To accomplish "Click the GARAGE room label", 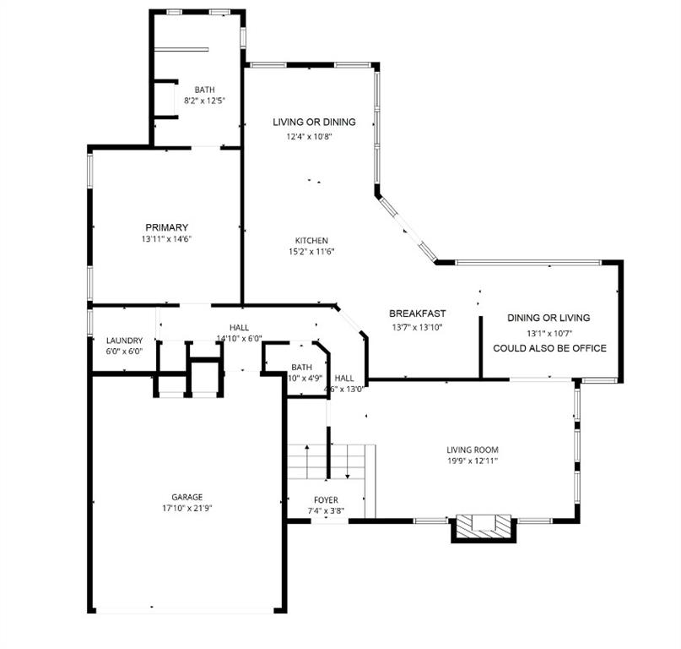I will pyautogui.click(x=186, y=497).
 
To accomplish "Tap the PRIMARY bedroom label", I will pyautogui.click(x=166, y=227).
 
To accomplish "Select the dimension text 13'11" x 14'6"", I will pyautogui.click(x=166, y=239).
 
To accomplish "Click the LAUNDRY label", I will pyautogui.click(x=124, y=341).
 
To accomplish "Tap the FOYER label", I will pyautogui.click(x=326, y=500).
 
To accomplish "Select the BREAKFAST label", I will pyautogui.click(x=417, y=314).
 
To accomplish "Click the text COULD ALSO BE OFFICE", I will pyautogui.click(x=549, y=348).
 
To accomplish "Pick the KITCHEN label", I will pyautogui.click(x=311, y=240).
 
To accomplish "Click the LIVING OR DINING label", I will pyautogui.click(x=314, y=123).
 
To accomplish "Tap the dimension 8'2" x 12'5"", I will pyautogui.click(x=204, y=101).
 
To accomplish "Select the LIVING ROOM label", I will pyautogui.click(x=473, y=450).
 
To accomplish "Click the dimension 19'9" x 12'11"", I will pyautogui.click(x=473, y=461).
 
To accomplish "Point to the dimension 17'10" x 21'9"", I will pyautogui.click(x=186, y=509).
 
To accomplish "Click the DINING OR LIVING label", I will pyautogui.click(x=549, y=318).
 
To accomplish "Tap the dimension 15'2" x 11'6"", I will pyautogui.click(x=311, y=251).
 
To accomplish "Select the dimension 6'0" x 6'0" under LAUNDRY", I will pyautogui.click(x=124, y=352).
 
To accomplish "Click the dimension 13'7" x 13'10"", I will pyautogui.click(x=417, y=327).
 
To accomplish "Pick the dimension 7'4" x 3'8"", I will pyautogui.click(x=326, y=511).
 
